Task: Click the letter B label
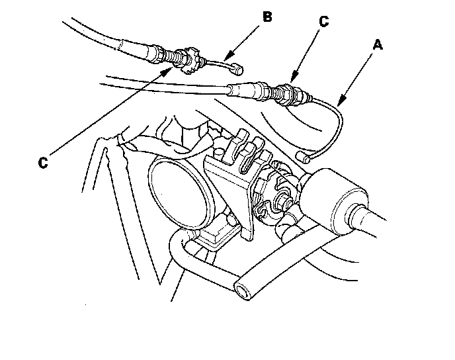coord(267,17)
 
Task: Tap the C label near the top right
coord(323,21)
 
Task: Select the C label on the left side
coord(43,161)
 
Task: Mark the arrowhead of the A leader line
coord(338,105)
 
